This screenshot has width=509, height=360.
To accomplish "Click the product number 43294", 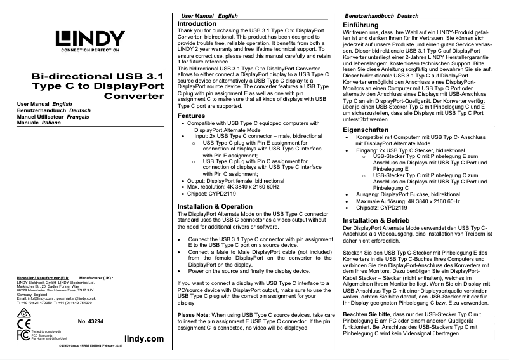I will [x=91, y=323].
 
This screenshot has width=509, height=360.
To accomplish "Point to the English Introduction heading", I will [x=196, y=23].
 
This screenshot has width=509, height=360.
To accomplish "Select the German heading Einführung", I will [x=360, y=23].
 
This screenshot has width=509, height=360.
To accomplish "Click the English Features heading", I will [x=191, y=116].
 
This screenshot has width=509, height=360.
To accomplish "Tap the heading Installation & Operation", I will [x=215, y=207].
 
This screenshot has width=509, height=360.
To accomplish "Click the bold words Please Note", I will [x=195, y=316].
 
